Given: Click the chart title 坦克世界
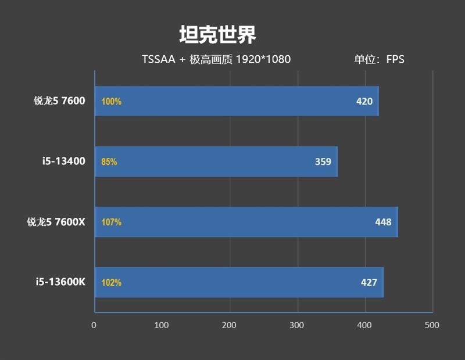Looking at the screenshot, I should [x=217, y=35].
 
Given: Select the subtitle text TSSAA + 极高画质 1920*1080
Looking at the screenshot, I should [x=216, y=59].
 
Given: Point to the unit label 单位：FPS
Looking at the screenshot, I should [x=379, y=59].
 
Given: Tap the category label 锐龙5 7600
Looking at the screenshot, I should [x=59, y=101].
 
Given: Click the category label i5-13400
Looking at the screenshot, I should [x=65, y=161].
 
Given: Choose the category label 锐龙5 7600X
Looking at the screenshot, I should [x=56, y=222].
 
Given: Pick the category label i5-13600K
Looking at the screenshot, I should [x=60, y=282].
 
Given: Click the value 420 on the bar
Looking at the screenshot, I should [x=364, y=102].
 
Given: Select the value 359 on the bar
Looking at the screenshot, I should [x=323, y=162].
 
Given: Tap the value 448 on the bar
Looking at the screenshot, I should [x=383, y=222].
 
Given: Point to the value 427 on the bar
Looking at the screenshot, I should [x=369, y=283].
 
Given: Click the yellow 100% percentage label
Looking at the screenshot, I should [x=111, y=102].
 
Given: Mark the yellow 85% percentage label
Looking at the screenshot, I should [x=109, y=162].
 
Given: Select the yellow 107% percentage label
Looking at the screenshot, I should [x=111, y=222].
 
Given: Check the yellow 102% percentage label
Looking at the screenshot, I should [x=111, y=283].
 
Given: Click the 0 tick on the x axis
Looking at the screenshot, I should [x=94, y=325].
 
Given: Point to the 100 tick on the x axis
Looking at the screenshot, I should [x=162, y=325].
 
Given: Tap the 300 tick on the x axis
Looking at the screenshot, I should [x=297, y=325].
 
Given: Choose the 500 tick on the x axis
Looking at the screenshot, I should [x=432, y=325].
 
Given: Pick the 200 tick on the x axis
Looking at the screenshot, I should [x=230, y=325].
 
